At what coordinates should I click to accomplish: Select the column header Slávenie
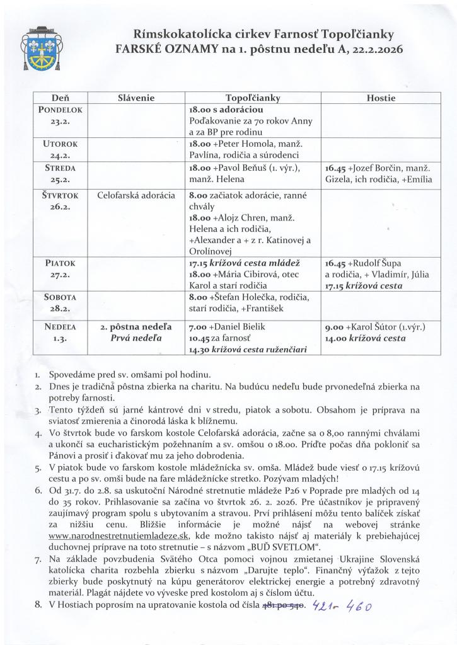[136, 98]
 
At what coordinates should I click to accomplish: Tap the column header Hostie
[380, 98]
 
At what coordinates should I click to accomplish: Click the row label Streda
[61, 168]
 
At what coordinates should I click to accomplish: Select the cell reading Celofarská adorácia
[136, 196]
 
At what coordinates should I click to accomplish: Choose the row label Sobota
[61, 297]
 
